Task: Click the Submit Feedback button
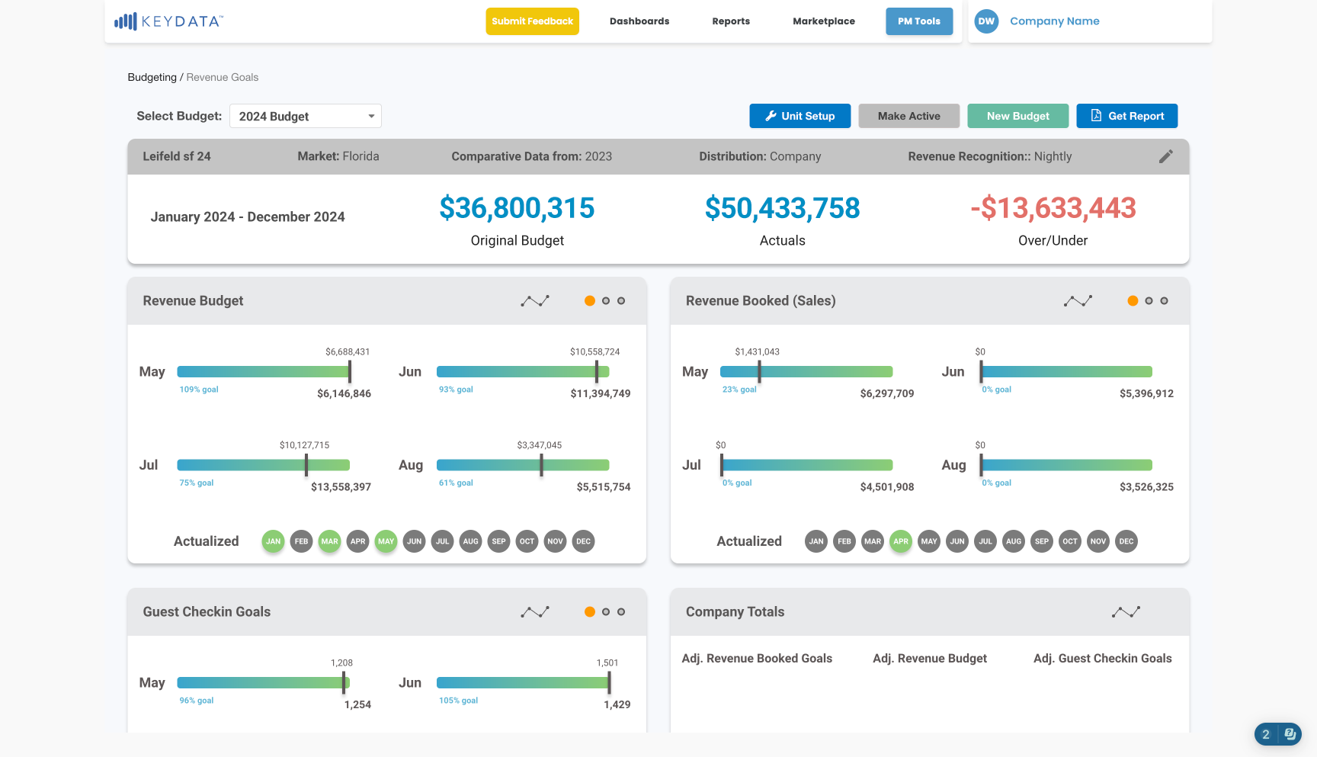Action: click(532, 21)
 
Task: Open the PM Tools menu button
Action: click(919, 21)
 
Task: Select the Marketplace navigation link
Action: click(824, 21)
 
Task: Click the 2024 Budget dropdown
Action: click(306, 116)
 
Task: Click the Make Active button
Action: click(908, 116)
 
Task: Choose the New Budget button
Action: click(1017, 116)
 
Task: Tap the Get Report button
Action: click(1126, 116)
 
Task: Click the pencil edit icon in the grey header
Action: click(1166, 156)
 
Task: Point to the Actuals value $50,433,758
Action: click(783, 208)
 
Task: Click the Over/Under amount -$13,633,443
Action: click(1053, 208)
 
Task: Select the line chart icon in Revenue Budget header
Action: click(535, 301)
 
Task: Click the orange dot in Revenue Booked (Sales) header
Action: click(1133, 301)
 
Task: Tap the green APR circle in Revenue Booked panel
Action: click(901, 541)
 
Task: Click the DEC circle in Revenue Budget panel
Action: click(583, 541)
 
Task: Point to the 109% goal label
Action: click(199, 390)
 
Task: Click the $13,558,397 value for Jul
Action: click(341, 487)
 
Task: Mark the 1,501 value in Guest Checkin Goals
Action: click(607, 663)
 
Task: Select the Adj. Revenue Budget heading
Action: click(930, 659)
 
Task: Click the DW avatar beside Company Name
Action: click(986, 21)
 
